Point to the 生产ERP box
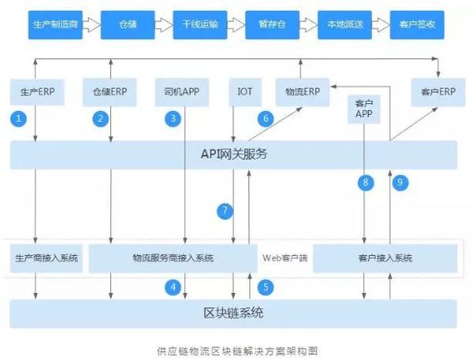(x=36, y=91)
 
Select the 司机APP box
(x=181, y=91)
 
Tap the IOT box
(x=244, y=91)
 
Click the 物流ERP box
(x=299, y=91)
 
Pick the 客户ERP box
(x=434, y=91)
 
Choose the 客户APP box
(x=363, y=109)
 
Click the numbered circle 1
(x=20, y=119)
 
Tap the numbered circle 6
(x=266, y=119)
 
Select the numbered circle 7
(x=225, y=210)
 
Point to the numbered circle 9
(x=400, y=182)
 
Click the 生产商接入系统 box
(x=47, y=258)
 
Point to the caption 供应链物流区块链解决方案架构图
(x=236, y=349)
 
